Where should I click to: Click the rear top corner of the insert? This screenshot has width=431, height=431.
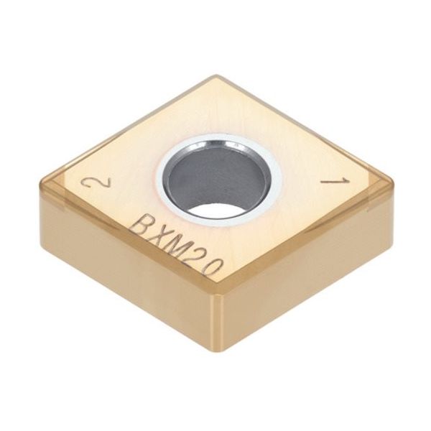(x=213, y=78)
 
